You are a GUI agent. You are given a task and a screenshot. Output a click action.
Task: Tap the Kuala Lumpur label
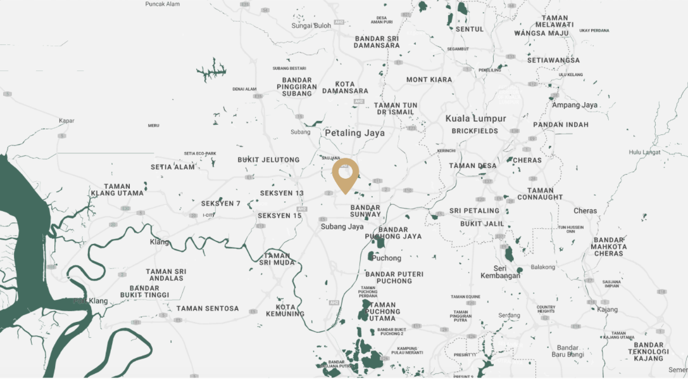(x=475, y=119)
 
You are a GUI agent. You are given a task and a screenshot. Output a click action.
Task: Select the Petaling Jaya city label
(x=354, y=133)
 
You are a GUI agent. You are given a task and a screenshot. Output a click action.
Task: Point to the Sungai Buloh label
(x=311, y=26)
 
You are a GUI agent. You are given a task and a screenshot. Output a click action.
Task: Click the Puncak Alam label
(x=162, y=4)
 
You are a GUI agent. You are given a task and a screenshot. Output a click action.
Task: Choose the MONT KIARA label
(x=429, y=80)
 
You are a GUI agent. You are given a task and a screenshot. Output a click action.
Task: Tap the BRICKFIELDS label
(x=475, y=131)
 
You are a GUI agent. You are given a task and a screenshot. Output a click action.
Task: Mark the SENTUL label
(x=470, y=29)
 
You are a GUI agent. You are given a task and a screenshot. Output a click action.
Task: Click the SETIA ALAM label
(x=173, y=167)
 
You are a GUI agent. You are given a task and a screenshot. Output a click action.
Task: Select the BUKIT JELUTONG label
(x=268, y=160)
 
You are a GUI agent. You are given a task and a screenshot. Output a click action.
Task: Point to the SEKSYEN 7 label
(x=221, y=203)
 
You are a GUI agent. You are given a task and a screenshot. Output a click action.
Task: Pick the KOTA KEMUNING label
(x=285, y=311)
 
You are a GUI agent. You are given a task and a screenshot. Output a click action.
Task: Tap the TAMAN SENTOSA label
(x=208, y=309)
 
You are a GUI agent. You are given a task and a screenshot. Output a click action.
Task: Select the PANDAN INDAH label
(x=561, y=125)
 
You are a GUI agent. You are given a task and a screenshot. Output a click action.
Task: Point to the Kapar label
(x=66, y=120)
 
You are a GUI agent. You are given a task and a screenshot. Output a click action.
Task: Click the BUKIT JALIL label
(x=482, y=224)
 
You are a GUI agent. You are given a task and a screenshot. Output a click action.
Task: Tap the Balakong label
(x=542, y=267)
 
